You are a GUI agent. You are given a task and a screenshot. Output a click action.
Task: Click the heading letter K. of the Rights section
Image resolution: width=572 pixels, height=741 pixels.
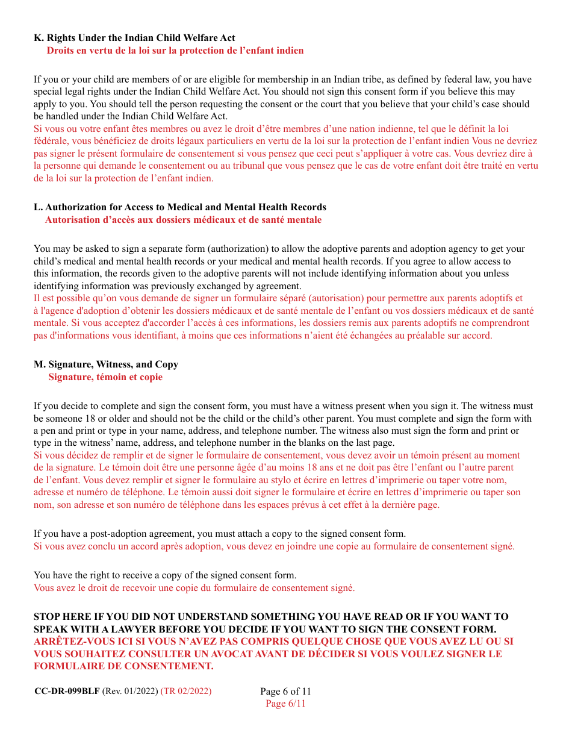pos(39,38)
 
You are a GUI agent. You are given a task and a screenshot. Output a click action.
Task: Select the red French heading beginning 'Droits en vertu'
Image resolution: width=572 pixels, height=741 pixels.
pos(175,51)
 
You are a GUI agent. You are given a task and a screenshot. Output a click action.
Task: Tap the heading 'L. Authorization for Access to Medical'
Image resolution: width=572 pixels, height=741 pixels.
pos(180,207)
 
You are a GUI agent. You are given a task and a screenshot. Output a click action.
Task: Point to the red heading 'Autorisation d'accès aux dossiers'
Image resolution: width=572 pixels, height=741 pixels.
pos(183,220)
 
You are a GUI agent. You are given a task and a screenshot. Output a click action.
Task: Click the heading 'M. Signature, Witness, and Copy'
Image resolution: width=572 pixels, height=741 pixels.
pos(106,364)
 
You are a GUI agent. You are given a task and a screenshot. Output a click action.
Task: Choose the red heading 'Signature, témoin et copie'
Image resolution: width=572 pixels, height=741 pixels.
pos(105,377)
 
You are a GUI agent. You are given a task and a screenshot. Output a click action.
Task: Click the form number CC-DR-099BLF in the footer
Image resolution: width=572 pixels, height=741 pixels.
pos(67,692)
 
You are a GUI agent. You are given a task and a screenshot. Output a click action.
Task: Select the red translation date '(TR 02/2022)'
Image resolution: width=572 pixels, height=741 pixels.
pos(186,692)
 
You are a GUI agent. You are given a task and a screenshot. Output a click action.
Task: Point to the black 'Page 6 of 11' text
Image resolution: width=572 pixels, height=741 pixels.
pos(285,692)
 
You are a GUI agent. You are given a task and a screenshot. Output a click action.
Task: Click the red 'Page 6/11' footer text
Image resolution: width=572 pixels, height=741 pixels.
pos(285,704)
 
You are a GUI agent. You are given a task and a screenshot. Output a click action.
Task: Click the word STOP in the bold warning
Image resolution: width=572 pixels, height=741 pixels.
pos(46,617)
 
